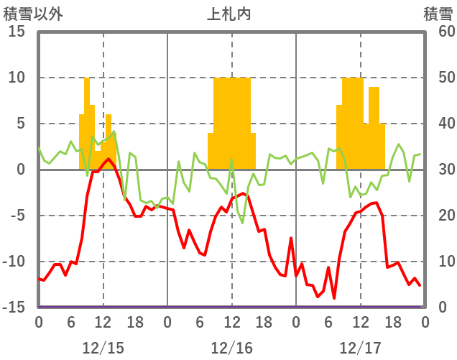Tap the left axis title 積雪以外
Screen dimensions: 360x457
click(x=33, y=14)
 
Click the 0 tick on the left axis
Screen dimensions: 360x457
click(x=21, y=170)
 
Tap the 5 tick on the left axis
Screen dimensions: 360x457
click(x=21, y=124)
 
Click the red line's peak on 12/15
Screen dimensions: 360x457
click(x=109, y=159)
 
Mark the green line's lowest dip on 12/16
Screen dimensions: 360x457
click(x=242, y=223)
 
